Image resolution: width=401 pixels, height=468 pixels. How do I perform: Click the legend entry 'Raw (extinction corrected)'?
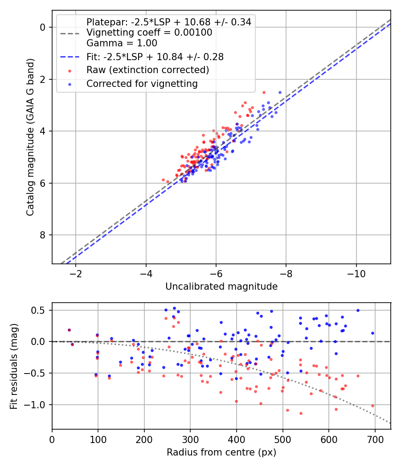coord(147,70)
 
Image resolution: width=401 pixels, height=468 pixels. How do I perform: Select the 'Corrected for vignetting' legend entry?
coord(142,83)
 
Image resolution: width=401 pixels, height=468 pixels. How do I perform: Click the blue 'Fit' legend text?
coord(155,57)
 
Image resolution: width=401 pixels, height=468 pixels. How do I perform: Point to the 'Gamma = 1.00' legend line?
coord(122,43)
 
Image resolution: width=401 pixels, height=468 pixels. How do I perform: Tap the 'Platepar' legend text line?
coord(168,21)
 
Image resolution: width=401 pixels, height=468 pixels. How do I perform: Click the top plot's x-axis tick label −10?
coord(356,273)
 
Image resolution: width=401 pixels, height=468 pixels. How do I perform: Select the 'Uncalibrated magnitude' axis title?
coord(221,287)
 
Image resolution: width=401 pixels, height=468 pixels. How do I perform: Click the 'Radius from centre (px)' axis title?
coord(221,452)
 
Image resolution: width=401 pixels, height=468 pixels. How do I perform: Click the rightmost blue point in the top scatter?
coord(280,92)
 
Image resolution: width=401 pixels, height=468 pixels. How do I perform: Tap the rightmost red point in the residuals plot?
coord(372,406)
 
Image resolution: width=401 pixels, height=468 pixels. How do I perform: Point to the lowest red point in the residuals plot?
coord(301,413)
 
